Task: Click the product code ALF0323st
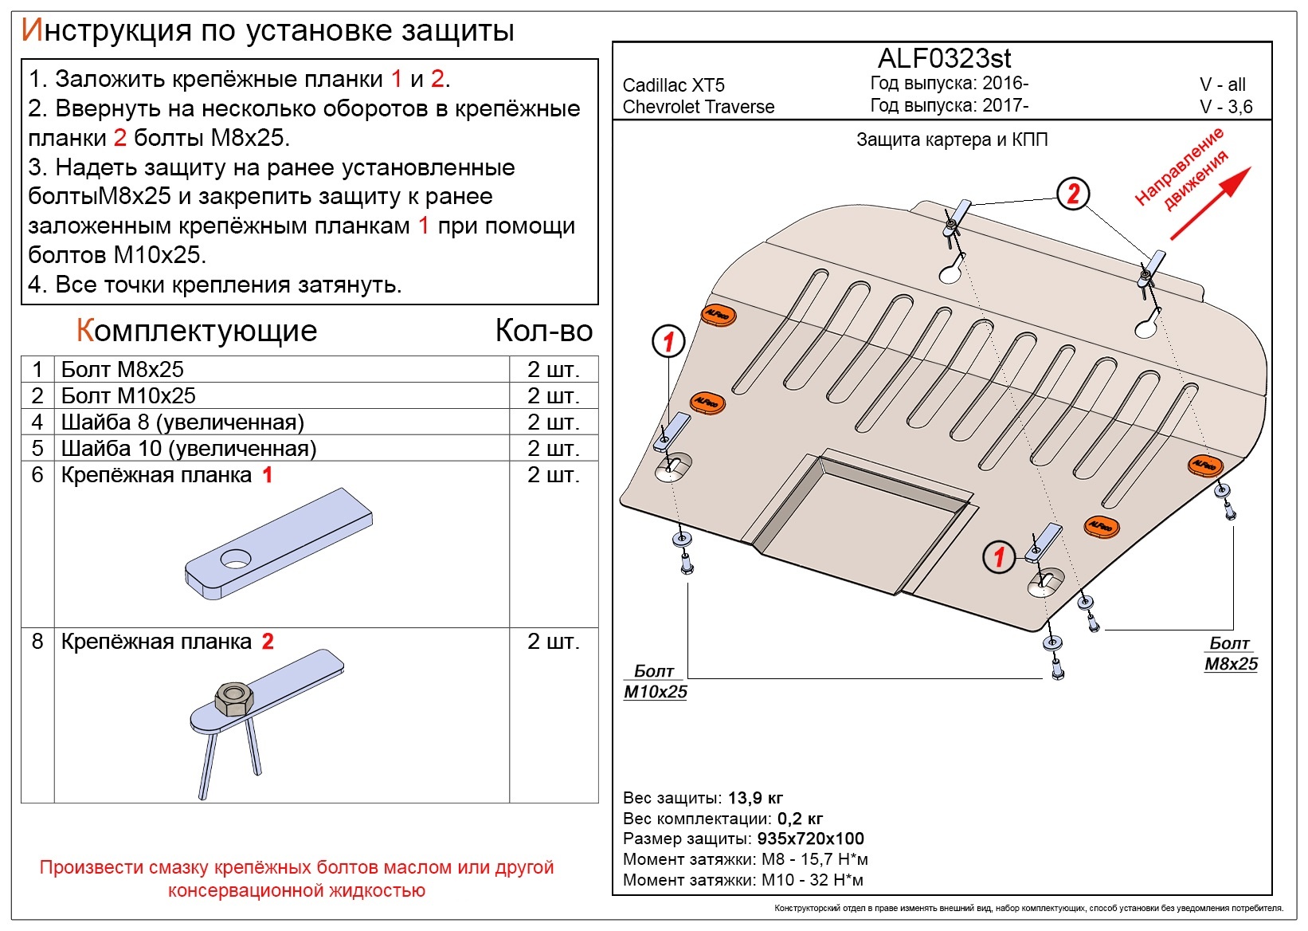pyautogui.click(x=944, y=58)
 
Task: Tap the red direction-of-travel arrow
pyautogui.click(x=1210, y=203)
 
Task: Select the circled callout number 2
pyautogui.click(x=1073, y=194)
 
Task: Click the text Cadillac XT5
pyautogui.click(x=673, y=85)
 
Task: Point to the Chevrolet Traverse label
pyautogui.click(x=698, y=107)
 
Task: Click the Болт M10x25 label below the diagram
pyautogui.click(x=655, y=682)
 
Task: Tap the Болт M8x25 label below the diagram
pyautogui.click(x=1231, y=654)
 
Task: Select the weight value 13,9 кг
pyautogui.click(x=755, y=798)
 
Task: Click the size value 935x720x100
pyautogui.click(x=810, y=839)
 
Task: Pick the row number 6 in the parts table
pyautogui.click(x=37, y=475)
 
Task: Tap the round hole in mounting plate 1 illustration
pyautogui.click(x=235, y=560)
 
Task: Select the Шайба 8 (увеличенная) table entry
pyautogui.click(x=182, y=422)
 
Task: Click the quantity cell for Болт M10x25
pyautogui.click(x=553, y=396)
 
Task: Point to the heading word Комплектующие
pyautogui.click(x=197, y=331)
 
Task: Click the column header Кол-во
pyautogui.click(x=544, y=331)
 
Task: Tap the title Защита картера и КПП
pyautogui.click(x=952, y=140)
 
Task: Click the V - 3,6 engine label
pyautogui.click(x=1226, y=107)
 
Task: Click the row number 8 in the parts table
pyautogui.click(x=37, y=642)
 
